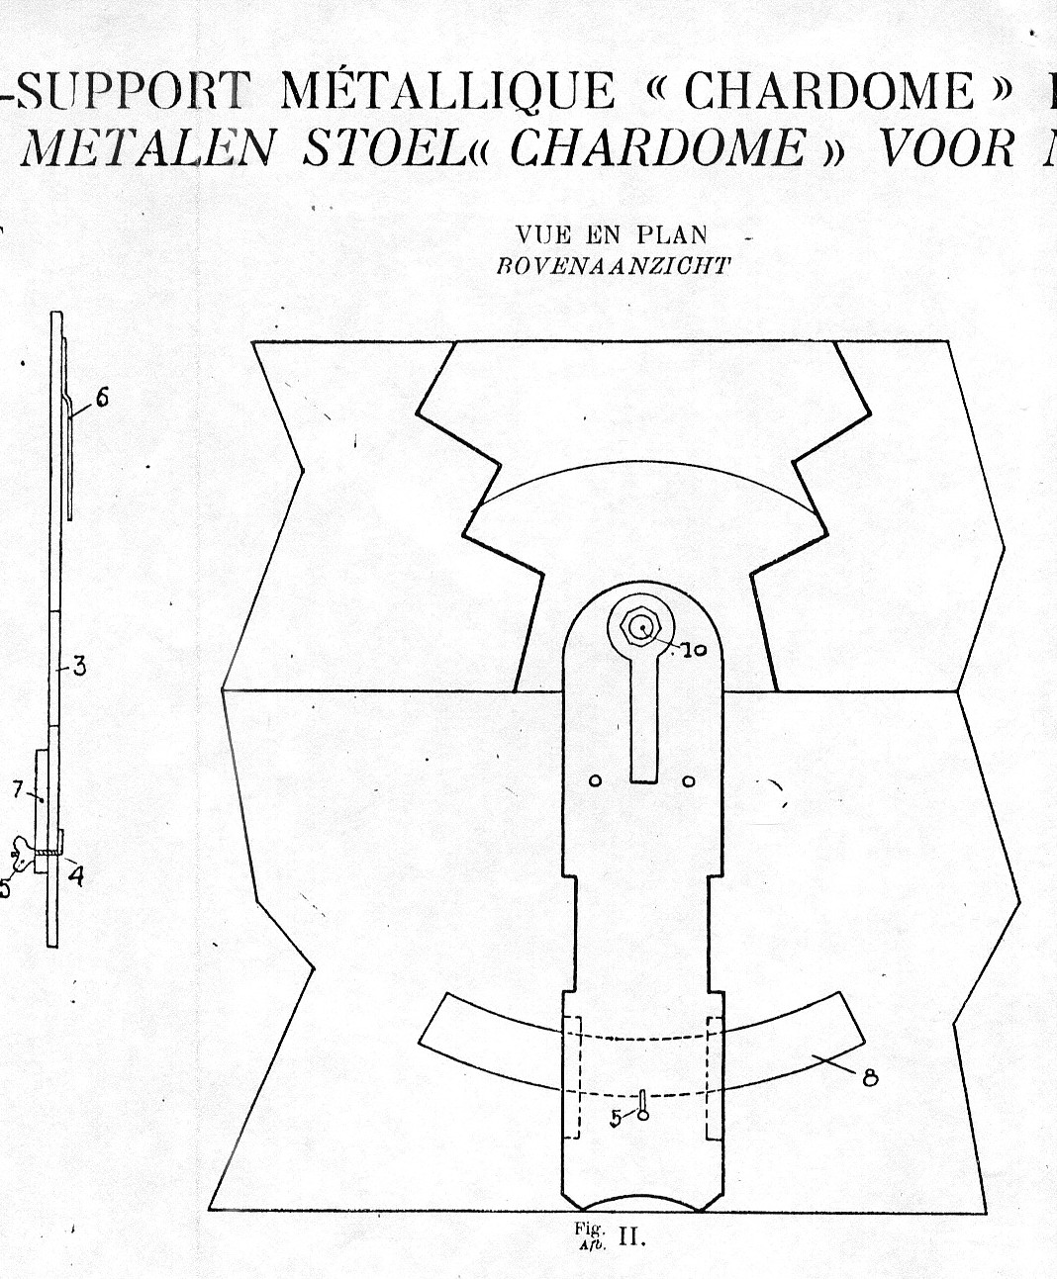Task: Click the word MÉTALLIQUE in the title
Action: pyautogui.click(x=446, y=91)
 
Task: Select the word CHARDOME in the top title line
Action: pyautogui.click(x=829, y=91)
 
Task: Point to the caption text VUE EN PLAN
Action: pyautogui.click(x=612, y=235)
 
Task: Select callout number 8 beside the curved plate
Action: pyautogui.click(x=870, y=1078)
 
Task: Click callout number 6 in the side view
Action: pyautogui.click(x=102, y=399)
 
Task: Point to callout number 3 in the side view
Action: pyautogui.click(x=79, y=666)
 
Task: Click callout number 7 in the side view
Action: pyautogui.click(x=18, y=789)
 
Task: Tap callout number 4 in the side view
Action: pyautogui.click(x=76, y=875)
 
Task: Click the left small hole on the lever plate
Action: pyautogui.click(x=595, y=781)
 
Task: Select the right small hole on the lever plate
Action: pyautogui.click(x=689, y=781)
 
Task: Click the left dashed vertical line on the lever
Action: pyautogui.click(x=564, y=1078)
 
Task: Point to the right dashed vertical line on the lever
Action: pyautogui.click(x=709, y=1078)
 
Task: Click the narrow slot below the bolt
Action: pyautogui.click(x=642, y=722)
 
